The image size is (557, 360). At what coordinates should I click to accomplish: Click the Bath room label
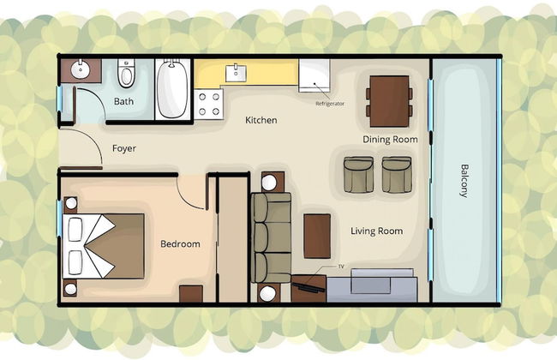(123, 101)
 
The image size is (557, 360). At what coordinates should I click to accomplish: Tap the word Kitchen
(261, 120)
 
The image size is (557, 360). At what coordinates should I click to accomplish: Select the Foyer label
(124, 148)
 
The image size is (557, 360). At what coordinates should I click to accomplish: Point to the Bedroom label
(180, 243)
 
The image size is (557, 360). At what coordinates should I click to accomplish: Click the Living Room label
(376, 231)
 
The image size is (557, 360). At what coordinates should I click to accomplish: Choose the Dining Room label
(390, 140)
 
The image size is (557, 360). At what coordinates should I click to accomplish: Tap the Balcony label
(464, 181)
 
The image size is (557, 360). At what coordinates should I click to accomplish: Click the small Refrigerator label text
(330, 104)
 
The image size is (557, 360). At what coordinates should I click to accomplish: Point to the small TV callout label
(341, 266)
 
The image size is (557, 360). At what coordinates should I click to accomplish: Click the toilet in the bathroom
(126, 73)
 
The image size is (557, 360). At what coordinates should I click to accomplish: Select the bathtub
(172, 89)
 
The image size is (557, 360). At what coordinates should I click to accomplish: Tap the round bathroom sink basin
(81, 70)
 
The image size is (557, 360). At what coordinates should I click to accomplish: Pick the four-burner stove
(209, 104)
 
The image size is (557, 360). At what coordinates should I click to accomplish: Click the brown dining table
(389, 101)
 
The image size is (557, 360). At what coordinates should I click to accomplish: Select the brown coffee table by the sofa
(317, 236)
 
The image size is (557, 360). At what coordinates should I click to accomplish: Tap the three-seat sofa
(272, 237)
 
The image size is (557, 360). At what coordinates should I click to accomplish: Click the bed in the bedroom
(104, 246)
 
